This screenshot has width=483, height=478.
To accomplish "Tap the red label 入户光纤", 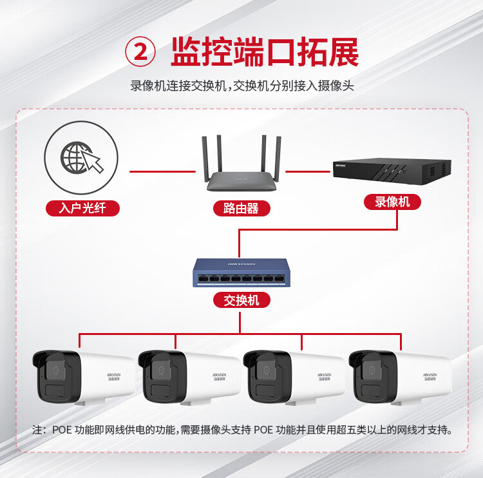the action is (82, 208).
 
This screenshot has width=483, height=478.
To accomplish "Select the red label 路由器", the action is (241, 208).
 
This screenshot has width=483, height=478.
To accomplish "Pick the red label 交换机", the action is (241, 300).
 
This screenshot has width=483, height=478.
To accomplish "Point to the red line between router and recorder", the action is (308, 172).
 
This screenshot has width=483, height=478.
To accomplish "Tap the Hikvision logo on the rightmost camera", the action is (430, 374).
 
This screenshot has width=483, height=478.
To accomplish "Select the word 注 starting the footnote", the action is (38, 430).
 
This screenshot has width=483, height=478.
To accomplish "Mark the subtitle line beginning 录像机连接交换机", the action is (241, 85).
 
